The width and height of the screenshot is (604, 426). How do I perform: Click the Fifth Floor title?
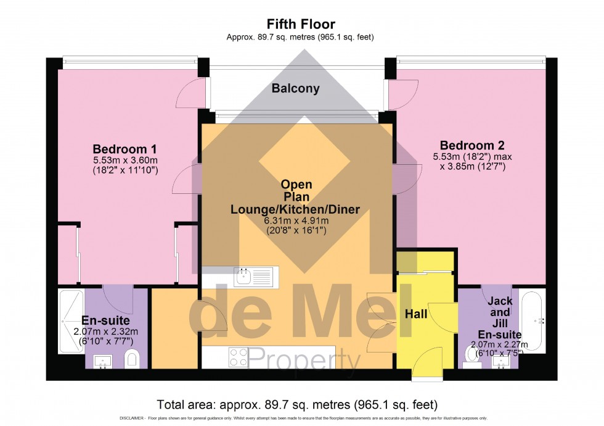pyautogui.click(x=300, y=25)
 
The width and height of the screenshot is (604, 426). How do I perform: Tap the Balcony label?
pyautogui.click(x=296, y=88)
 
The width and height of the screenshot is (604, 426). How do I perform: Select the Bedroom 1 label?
pyautogui.click(x=124, y=149)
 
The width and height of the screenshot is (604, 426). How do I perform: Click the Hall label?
pyautogui.click(x=416, y=314)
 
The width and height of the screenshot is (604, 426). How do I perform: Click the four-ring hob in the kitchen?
pyautogui.click(x=239, y=357)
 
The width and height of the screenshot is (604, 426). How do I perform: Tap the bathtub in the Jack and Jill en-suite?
pyautogui.click(x=531, y=320)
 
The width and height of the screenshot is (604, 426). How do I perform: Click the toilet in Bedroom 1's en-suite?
pyautogui.click(x=131, y=359)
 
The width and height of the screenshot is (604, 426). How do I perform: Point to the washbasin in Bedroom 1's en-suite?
pyautogui.click(x=102, y=361)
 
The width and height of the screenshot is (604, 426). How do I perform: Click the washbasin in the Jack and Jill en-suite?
pyautogui.click(x=501, y=361)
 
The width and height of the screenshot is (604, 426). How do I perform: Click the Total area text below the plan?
pyautogui.click(x=297, y=405)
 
